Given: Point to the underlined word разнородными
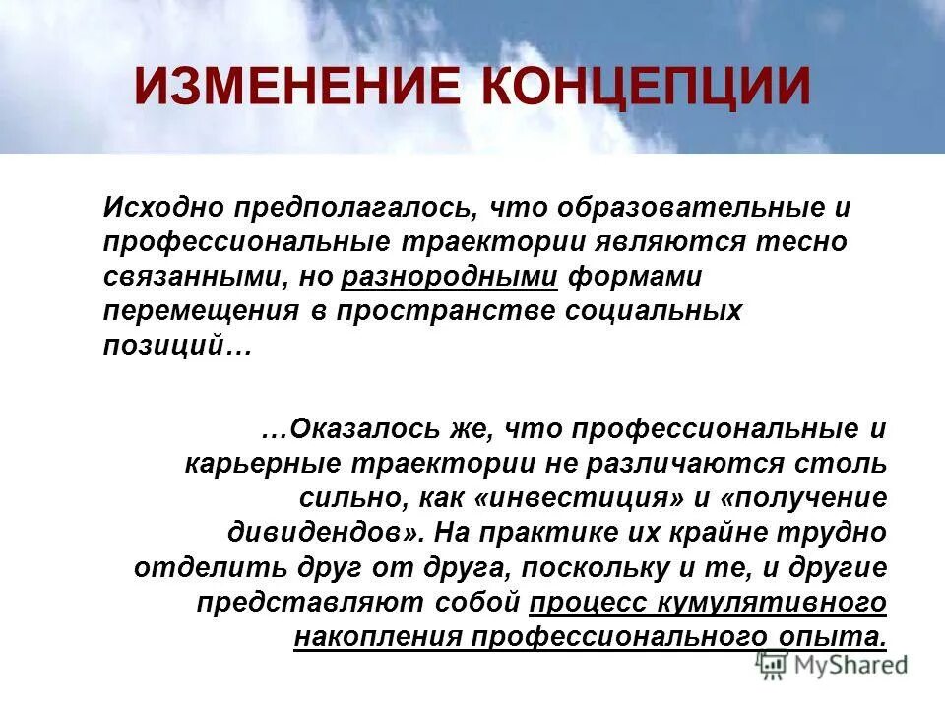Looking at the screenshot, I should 451,277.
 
